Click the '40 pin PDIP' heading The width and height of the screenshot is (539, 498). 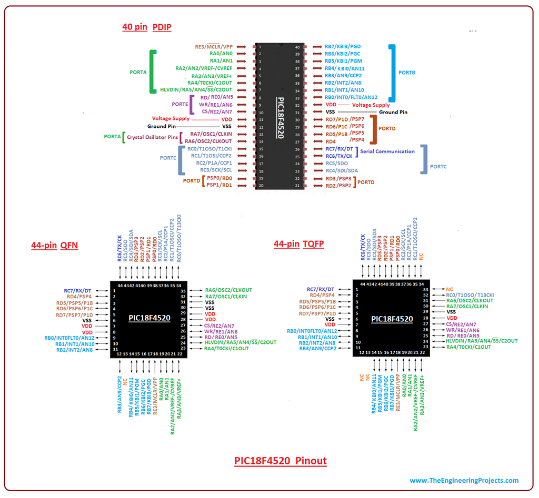click(147, 27)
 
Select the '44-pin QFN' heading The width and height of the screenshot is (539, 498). click(54, 245)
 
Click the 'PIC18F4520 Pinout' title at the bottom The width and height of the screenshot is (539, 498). click(281, 461)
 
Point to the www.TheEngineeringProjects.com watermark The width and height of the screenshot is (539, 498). click(464, 480)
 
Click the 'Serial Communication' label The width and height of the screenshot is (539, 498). click(387, 151)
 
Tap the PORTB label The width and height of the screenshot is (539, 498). click(406, 72)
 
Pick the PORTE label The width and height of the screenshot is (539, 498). click(179, 104)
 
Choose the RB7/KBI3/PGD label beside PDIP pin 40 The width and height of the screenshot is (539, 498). click(343, 47)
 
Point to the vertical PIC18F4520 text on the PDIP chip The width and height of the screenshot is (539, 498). click(281, 118)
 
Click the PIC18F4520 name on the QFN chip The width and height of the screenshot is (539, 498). click(149, 318)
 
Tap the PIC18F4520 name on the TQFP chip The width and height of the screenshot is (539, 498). click(392, 319)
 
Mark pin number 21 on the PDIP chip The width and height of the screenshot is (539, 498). click(297, 185)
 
